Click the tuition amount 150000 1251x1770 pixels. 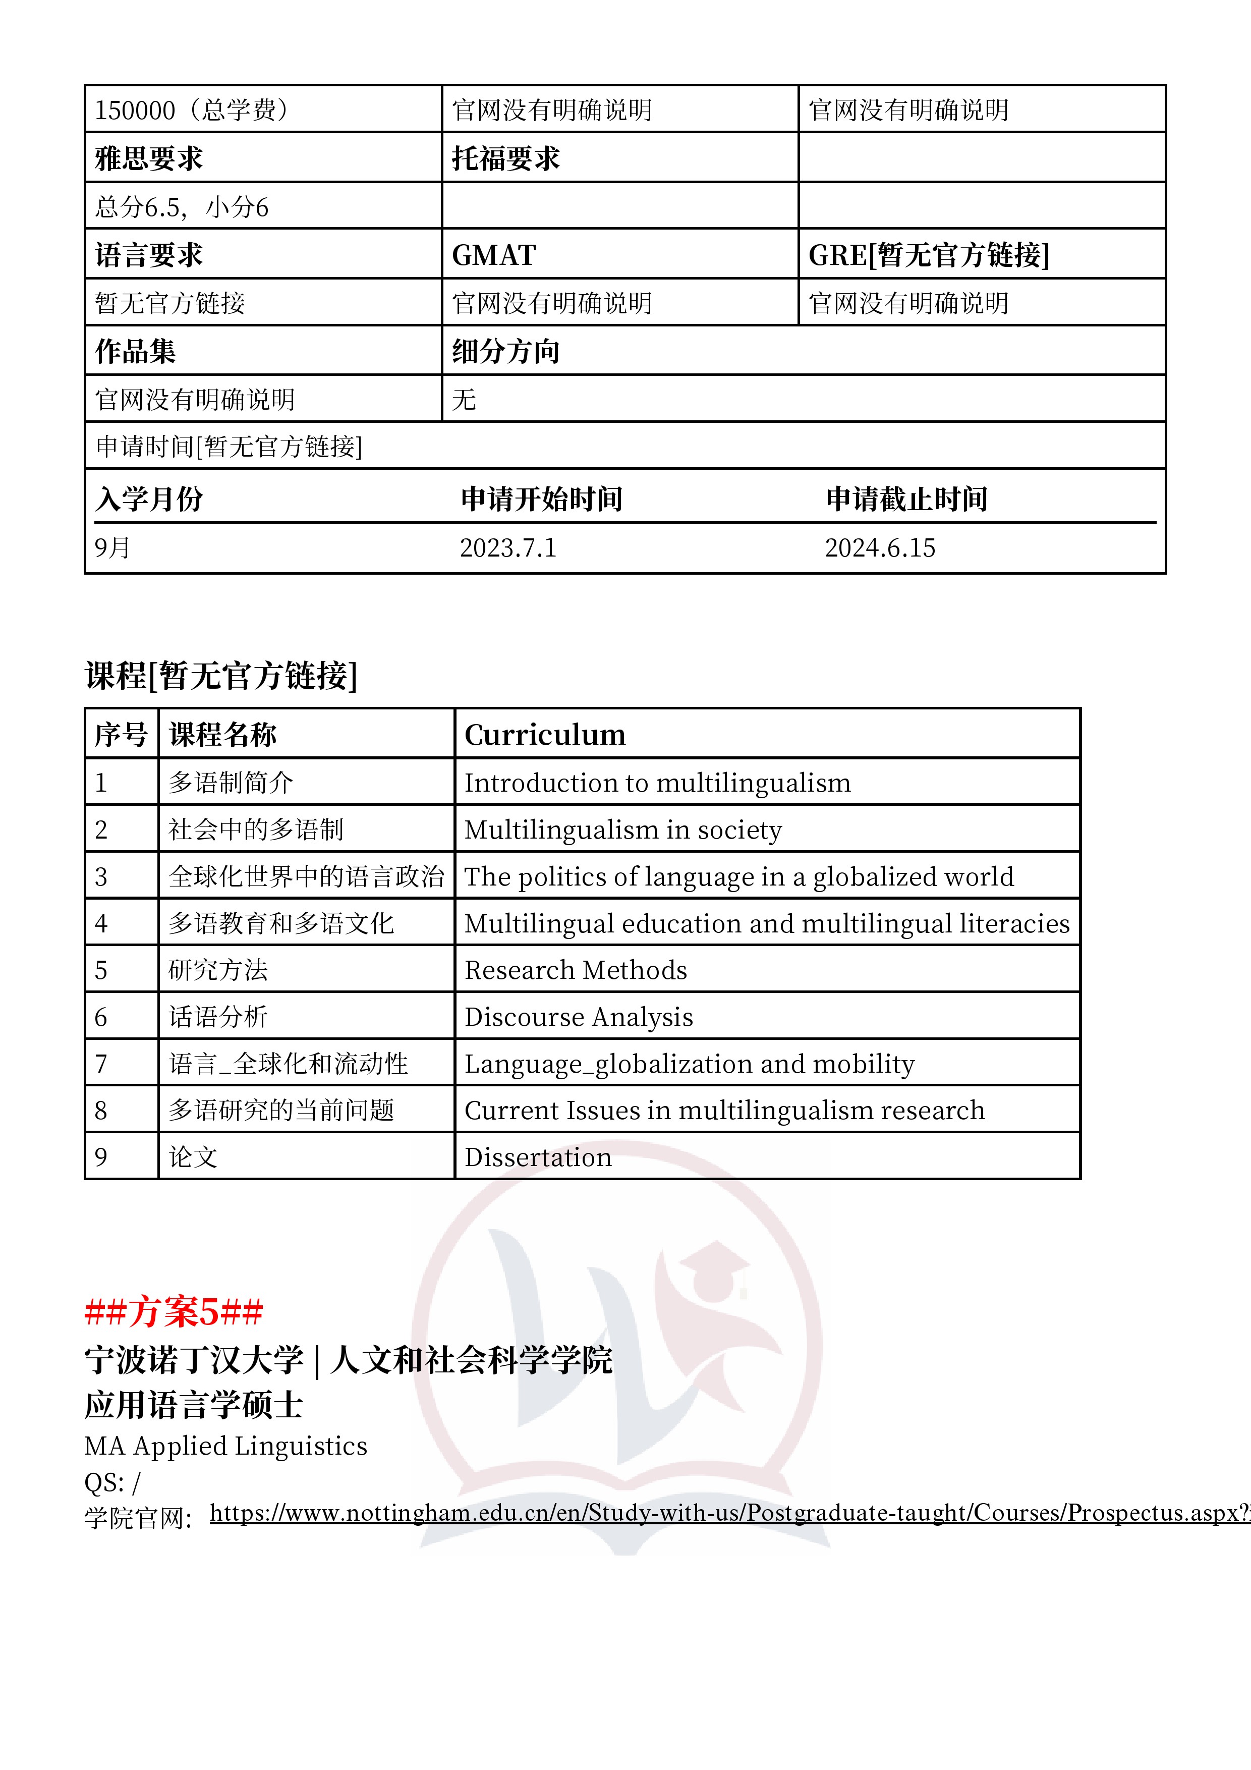click(135, 110)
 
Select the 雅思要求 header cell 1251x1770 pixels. click(149, 159)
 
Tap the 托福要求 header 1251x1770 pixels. click(505, 159)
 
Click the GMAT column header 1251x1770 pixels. click(494, 255)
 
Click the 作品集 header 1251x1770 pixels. click(136, 352)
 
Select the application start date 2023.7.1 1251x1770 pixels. click(508, 548)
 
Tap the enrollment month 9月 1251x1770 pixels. click(112, 548)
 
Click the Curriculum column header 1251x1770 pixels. click(545, 735)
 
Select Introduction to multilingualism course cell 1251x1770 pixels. click(657, 783)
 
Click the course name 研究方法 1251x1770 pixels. click(218, 970)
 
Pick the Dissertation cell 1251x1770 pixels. click(538, 1157)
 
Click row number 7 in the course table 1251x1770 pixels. click(101, 1064)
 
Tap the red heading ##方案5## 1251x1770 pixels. click(174, 1311)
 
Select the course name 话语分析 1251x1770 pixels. click(218, 1017)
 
